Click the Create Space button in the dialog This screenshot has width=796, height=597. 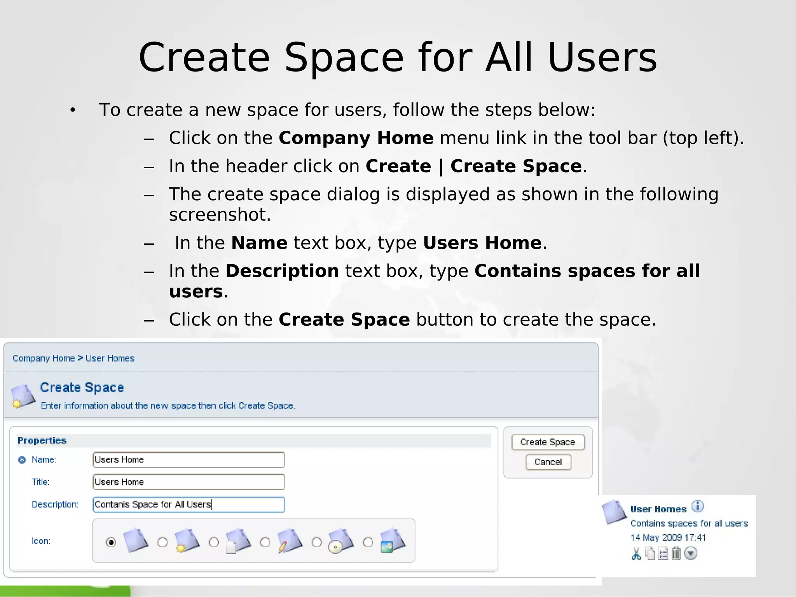548,442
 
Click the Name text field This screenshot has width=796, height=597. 189,460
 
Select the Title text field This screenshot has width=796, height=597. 189,482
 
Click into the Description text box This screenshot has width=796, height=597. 189,504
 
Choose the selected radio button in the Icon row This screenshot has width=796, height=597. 111,542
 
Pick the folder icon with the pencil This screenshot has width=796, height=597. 290,541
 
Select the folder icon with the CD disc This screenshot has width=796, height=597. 341,541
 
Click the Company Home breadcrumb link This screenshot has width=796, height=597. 44,358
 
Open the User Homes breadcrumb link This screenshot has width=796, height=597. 110,358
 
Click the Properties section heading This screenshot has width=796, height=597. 42,440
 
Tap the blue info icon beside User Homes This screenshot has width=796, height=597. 698,506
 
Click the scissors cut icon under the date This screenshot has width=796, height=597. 636,553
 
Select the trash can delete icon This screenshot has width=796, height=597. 676,553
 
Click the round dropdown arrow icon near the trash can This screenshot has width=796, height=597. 691,553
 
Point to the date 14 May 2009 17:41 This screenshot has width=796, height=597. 668,538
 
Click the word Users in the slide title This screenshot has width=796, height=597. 602,58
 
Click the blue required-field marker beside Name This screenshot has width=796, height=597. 22,460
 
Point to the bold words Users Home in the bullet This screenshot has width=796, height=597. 482,243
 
